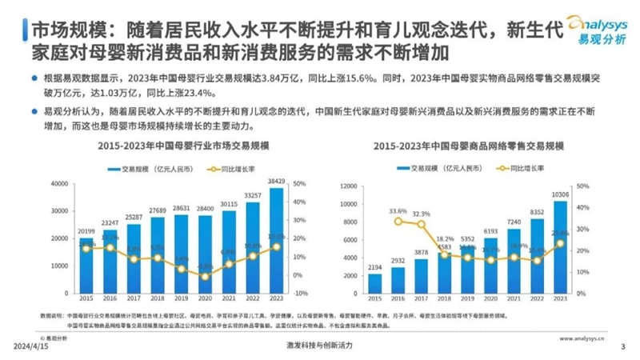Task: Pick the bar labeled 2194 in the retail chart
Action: [374, 283]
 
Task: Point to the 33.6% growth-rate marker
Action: [398, 221]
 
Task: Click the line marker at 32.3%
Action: [422, 224]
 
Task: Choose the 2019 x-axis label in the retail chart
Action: [468, 299]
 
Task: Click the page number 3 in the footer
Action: [622, 346]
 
